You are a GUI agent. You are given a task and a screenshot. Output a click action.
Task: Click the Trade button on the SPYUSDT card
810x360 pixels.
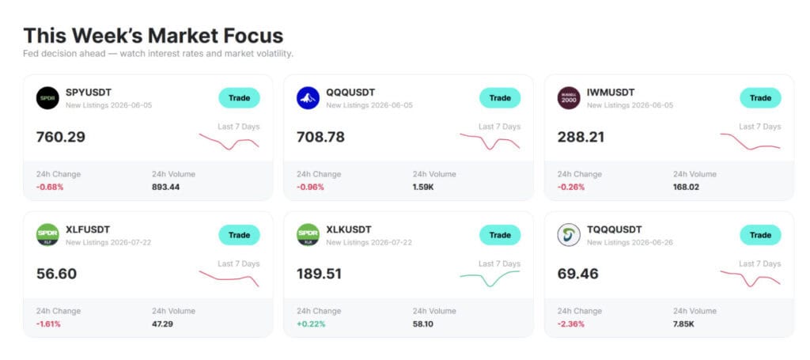click(239, 98)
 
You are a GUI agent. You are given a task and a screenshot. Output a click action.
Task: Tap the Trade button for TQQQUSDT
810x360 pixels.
click(760, 235)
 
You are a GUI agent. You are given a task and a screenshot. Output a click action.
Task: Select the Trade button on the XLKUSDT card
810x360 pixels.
click(500, 235)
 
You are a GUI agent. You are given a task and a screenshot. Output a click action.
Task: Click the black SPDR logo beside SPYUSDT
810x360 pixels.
click(47, 98)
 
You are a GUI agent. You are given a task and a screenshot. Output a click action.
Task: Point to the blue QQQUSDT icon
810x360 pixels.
click(308, 98)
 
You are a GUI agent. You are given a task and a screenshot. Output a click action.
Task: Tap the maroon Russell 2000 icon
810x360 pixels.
click(569, 98)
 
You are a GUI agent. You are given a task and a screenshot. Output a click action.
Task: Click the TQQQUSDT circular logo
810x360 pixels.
click(569, 235)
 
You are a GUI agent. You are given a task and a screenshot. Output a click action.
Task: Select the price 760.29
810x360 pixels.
click(61, 138)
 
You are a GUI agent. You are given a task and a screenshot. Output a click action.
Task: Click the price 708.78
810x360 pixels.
click(320, 138)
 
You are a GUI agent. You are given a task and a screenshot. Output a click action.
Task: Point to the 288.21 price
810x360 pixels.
click(581, 138)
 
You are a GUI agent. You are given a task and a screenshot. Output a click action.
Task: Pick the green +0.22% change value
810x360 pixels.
click(311, 324)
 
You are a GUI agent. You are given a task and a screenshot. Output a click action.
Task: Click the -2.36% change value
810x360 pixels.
click(571, 324)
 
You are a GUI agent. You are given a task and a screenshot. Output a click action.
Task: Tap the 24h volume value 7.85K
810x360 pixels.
click(684, 324)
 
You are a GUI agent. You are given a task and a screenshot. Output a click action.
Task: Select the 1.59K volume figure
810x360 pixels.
click(423, 187)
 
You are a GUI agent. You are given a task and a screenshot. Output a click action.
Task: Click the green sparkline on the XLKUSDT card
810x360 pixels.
click(490, 279)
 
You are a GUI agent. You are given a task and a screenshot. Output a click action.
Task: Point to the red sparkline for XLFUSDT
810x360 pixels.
click(229, 279)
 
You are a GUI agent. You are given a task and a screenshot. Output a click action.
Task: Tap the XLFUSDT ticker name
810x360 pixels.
click(88, 229)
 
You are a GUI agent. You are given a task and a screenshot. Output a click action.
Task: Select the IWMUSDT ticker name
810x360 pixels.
click(611, 93)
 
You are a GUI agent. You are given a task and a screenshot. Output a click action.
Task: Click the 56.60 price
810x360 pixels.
click(56, 275)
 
